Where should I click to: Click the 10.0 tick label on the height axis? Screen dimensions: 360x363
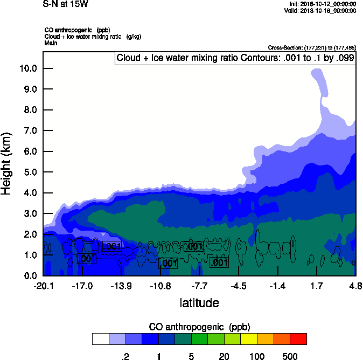27,68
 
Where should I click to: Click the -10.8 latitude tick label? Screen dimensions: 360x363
160,285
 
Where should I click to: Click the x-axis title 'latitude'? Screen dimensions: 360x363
199,303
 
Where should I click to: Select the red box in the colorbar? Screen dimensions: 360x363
298,339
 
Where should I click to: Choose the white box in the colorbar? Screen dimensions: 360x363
100,339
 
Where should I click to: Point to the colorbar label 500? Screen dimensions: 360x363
290,356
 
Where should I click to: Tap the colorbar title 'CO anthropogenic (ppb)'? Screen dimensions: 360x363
199,327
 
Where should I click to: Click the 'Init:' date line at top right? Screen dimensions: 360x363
322,4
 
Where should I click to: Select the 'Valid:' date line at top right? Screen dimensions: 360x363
320,10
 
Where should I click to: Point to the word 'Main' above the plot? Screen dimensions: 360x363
51,43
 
